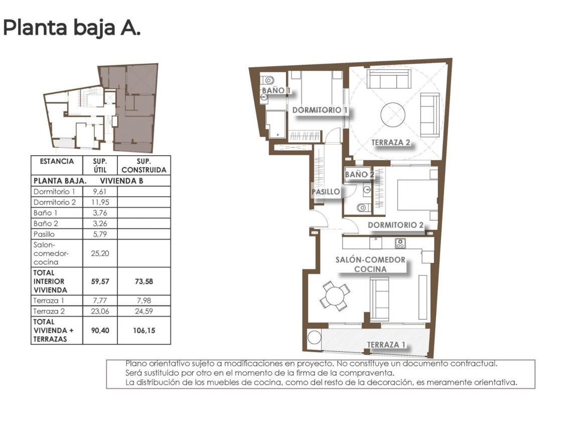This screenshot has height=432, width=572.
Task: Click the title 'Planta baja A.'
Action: pyautogui.click(x=72, y=28)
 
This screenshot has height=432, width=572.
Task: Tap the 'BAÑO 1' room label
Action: pyautogui.click(x=276, y=90)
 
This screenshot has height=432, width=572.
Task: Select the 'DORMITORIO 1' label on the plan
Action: pyautogui.click(x=320, y=110)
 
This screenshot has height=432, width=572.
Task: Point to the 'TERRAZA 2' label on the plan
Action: pyautogui.click(x=390, y=143)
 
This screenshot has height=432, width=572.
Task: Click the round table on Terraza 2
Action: pyautogui.click(x=393, y=115)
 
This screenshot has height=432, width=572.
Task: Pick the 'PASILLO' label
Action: pyautogui.click(x=326, y=192)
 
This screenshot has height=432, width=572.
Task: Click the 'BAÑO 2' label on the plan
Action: pyautogui.click(x=360, y=175)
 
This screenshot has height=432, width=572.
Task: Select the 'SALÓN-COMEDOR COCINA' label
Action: pyautogui.click(x=370, y=264)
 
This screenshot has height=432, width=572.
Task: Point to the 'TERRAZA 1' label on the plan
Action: pyautogui.click(x=386, y=345)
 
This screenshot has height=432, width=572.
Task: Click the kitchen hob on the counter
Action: pyautogui.click(x=400, y=243)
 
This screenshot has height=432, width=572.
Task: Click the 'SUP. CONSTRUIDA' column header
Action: pyautogui.click(x=144, y=166)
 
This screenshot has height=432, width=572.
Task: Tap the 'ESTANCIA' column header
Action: pyautogui.click(x=57, y=162)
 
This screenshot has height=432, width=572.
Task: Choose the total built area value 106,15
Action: pyautogui.click(x=144, y=331)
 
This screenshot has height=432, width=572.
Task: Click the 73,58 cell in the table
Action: pyautogui.click(x=144, y=281)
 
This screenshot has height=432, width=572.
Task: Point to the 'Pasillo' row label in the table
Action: pyautogui.click(x=44, y=234)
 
